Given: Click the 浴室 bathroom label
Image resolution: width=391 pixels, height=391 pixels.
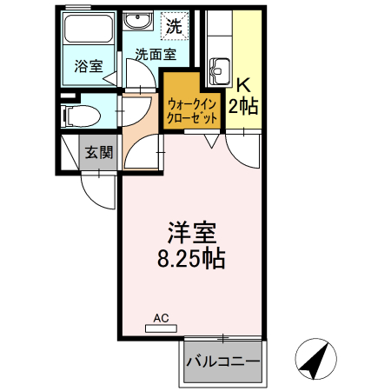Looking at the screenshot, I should pos(88,64).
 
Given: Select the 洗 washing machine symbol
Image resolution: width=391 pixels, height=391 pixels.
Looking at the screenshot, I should pos(175,26).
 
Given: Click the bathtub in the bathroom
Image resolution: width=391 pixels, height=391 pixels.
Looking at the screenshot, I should pos(89,35).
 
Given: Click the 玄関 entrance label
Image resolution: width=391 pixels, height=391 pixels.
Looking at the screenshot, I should pos(99,153).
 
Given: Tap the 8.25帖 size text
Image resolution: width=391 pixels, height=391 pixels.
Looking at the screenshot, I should pos(192,259).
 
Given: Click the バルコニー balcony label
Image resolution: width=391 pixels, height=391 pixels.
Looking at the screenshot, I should pos(223,361).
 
